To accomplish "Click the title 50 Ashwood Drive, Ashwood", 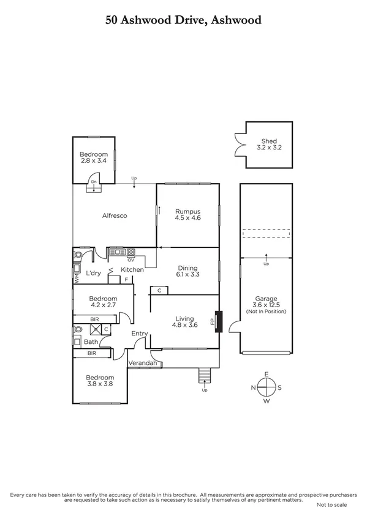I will [x=183, y=20].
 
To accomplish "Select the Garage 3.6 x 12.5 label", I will [x=266, y=305].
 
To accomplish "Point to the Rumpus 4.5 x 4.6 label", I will [x=187, y=214].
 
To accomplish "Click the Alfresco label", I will [x=113, y=215].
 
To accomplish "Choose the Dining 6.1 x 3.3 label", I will [x=187, y=271].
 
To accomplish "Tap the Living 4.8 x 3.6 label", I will [x=184, y=322].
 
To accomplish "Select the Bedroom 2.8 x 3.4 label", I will [x=94, y=157].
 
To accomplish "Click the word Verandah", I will [x=144, y=364].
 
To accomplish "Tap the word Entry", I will [x=140, y=334].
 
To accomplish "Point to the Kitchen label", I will [x=132, y=269].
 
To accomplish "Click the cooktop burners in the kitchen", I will [x=131, y=252].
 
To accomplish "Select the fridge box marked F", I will [x=127, y=280].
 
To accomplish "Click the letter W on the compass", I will [x=267, y=401].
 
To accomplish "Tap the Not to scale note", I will [x=331, y=504].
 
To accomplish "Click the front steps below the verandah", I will [x=205, y=375].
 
